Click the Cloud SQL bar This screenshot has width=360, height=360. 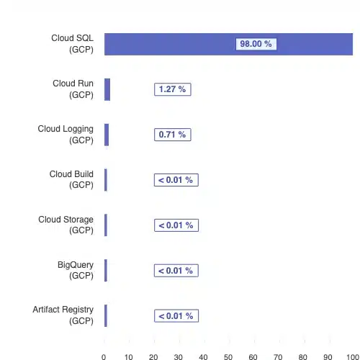click(228, 44)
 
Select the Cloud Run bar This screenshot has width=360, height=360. click(107, 89)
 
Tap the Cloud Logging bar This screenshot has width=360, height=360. click(107, 135)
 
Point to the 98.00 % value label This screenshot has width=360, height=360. click(256, 44)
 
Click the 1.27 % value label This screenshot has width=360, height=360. click(173, 89)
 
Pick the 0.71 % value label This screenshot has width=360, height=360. click(173, 135)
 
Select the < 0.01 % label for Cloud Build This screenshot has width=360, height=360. click(176, 180)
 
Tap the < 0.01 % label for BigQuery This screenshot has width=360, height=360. click(176, 271)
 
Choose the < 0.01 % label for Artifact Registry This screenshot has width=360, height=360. click(176, 316)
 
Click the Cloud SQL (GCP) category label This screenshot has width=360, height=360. click(72, 44)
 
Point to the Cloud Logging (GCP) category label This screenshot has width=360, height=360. click(66, 135)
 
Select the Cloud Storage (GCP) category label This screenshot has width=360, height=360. click(66, 225)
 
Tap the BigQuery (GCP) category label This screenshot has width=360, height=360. click(76, 271)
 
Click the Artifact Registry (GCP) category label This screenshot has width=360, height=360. click(63, 315)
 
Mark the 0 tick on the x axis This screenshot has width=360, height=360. click(104, 357)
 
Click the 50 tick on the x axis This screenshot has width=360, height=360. click(228, 357)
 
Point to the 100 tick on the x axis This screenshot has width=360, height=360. click(353, 357)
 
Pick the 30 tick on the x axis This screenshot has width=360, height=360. click(179, 357)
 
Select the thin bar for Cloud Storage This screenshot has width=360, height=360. click(106, 225)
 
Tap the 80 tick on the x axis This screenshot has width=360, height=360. click(303, 357)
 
